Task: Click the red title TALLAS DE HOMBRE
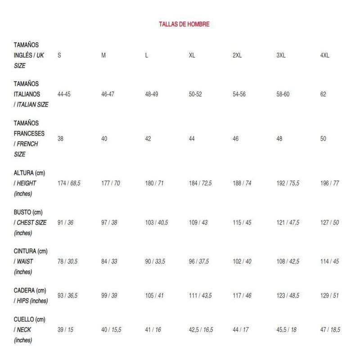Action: click(184, 24)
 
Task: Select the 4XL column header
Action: click(324, 55)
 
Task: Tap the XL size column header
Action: click(192, 55)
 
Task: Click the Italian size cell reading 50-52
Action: click(196, 94)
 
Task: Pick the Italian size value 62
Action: click(323, 94)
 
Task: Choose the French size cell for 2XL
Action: click(236, 139)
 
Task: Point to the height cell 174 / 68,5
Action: click(69, 184)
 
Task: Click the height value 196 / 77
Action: click(329, 184)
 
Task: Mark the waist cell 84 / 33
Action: click(110, 261)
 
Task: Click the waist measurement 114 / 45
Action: click(329, 261)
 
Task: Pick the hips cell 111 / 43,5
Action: click(201, 296)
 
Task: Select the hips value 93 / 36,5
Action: click(68, 296)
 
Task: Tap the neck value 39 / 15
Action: click(66, 330)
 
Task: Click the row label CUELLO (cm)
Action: click(30, 319)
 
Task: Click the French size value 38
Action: click(61, 139)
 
